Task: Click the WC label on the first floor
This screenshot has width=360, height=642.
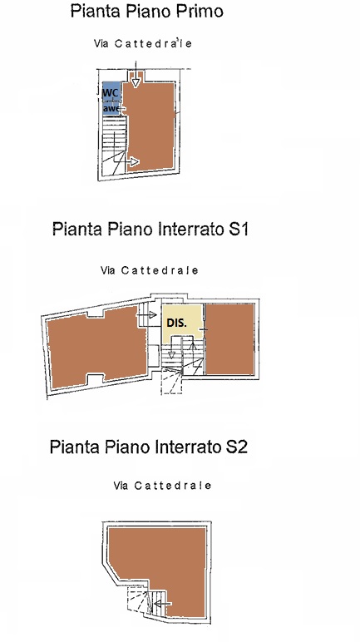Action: point(110,93)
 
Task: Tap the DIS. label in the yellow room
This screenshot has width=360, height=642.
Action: point(176,323)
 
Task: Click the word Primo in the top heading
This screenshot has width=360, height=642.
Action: point(200,11)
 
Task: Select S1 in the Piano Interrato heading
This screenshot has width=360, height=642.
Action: point(239,229)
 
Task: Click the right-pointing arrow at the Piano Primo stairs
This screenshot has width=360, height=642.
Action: point(132,161)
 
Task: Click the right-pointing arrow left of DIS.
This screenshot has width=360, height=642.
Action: point(146,314)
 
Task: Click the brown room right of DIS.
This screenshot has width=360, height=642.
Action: point(229,339)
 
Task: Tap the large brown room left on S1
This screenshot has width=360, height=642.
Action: point(96,348)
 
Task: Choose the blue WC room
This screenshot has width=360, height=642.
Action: point(111,98)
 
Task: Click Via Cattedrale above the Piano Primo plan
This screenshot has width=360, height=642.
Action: point(142,43)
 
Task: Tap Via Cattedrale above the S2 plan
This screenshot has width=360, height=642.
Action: point(162,486)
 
